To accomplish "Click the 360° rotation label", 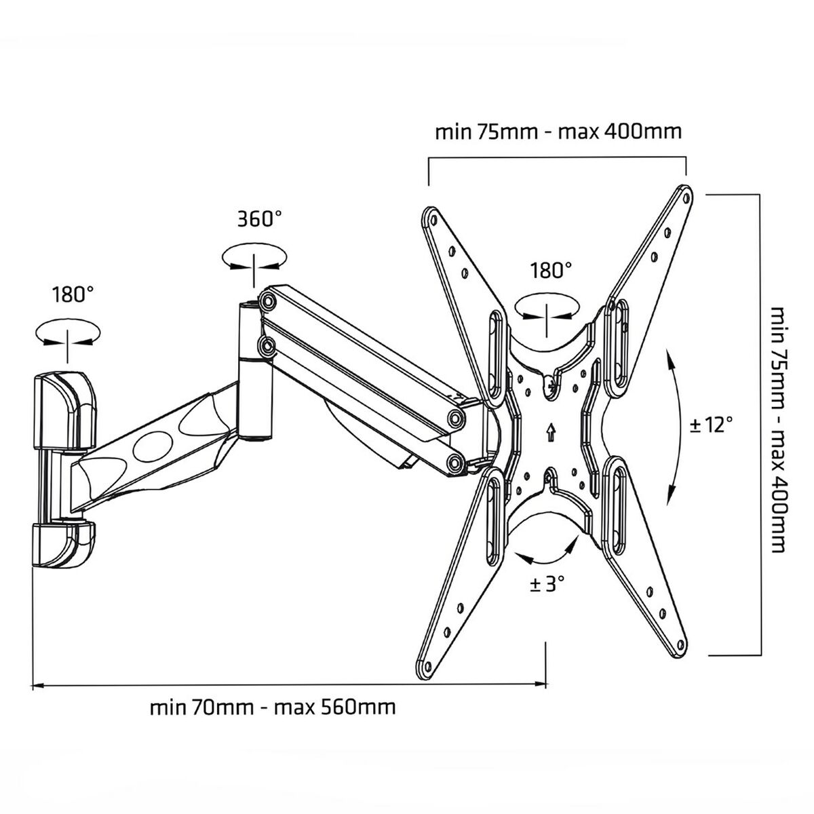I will pyautogui.click(x=259, y=219).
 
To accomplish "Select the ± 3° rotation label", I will pyautogui.click(x=547, y=583).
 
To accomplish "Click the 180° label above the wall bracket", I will pyautogui.click(x=73, y=294).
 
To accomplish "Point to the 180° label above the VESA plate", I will pyautogui.click(x=551, y=271).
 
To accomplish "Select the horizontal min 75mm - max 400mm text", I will pyautogui.click(x=558, y=131).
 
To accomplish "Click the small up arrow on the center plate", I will pyautogui.click(x=549, y=430).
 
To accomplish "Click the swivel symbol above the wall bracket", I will pyautogui.click(x=67, y=333).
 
